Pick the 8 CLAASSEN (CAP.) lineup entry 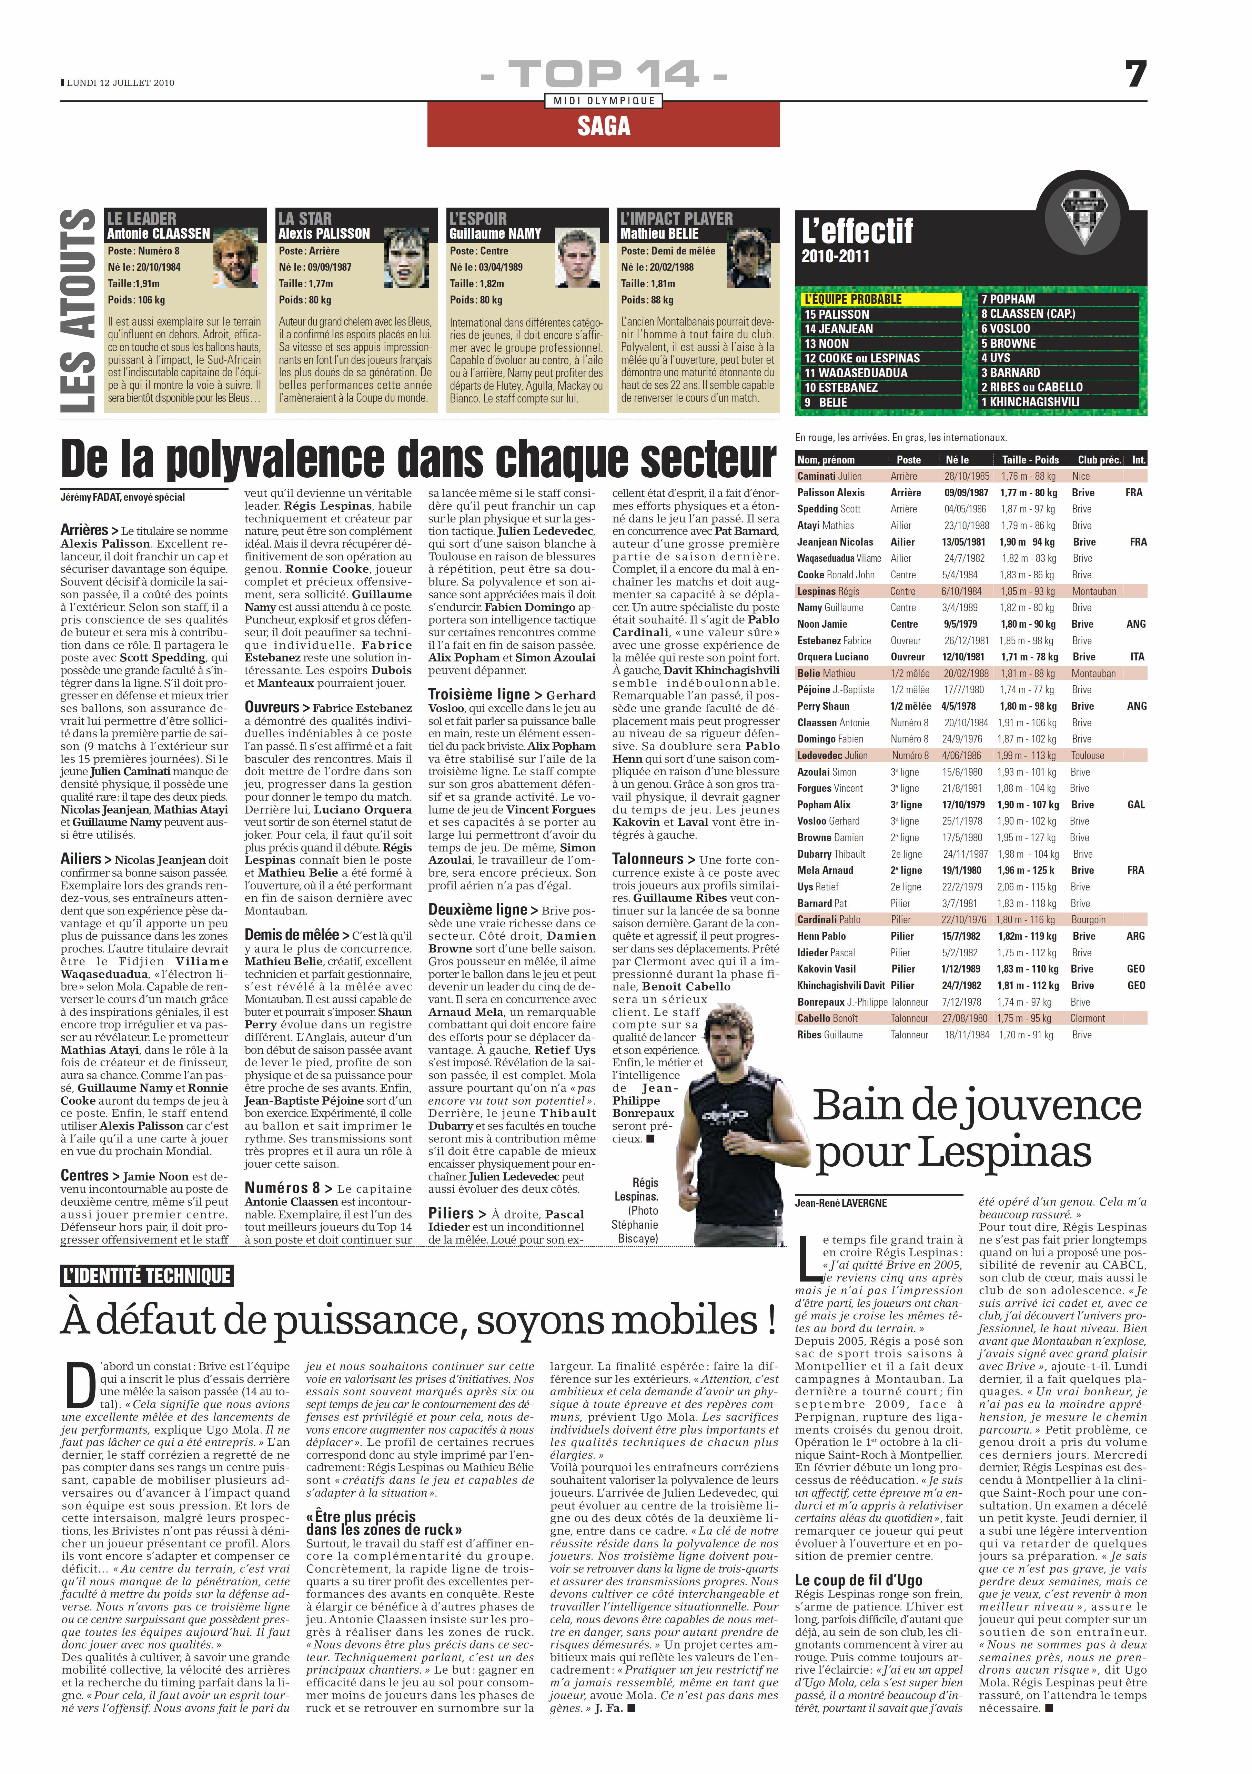click(1027, 314)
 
